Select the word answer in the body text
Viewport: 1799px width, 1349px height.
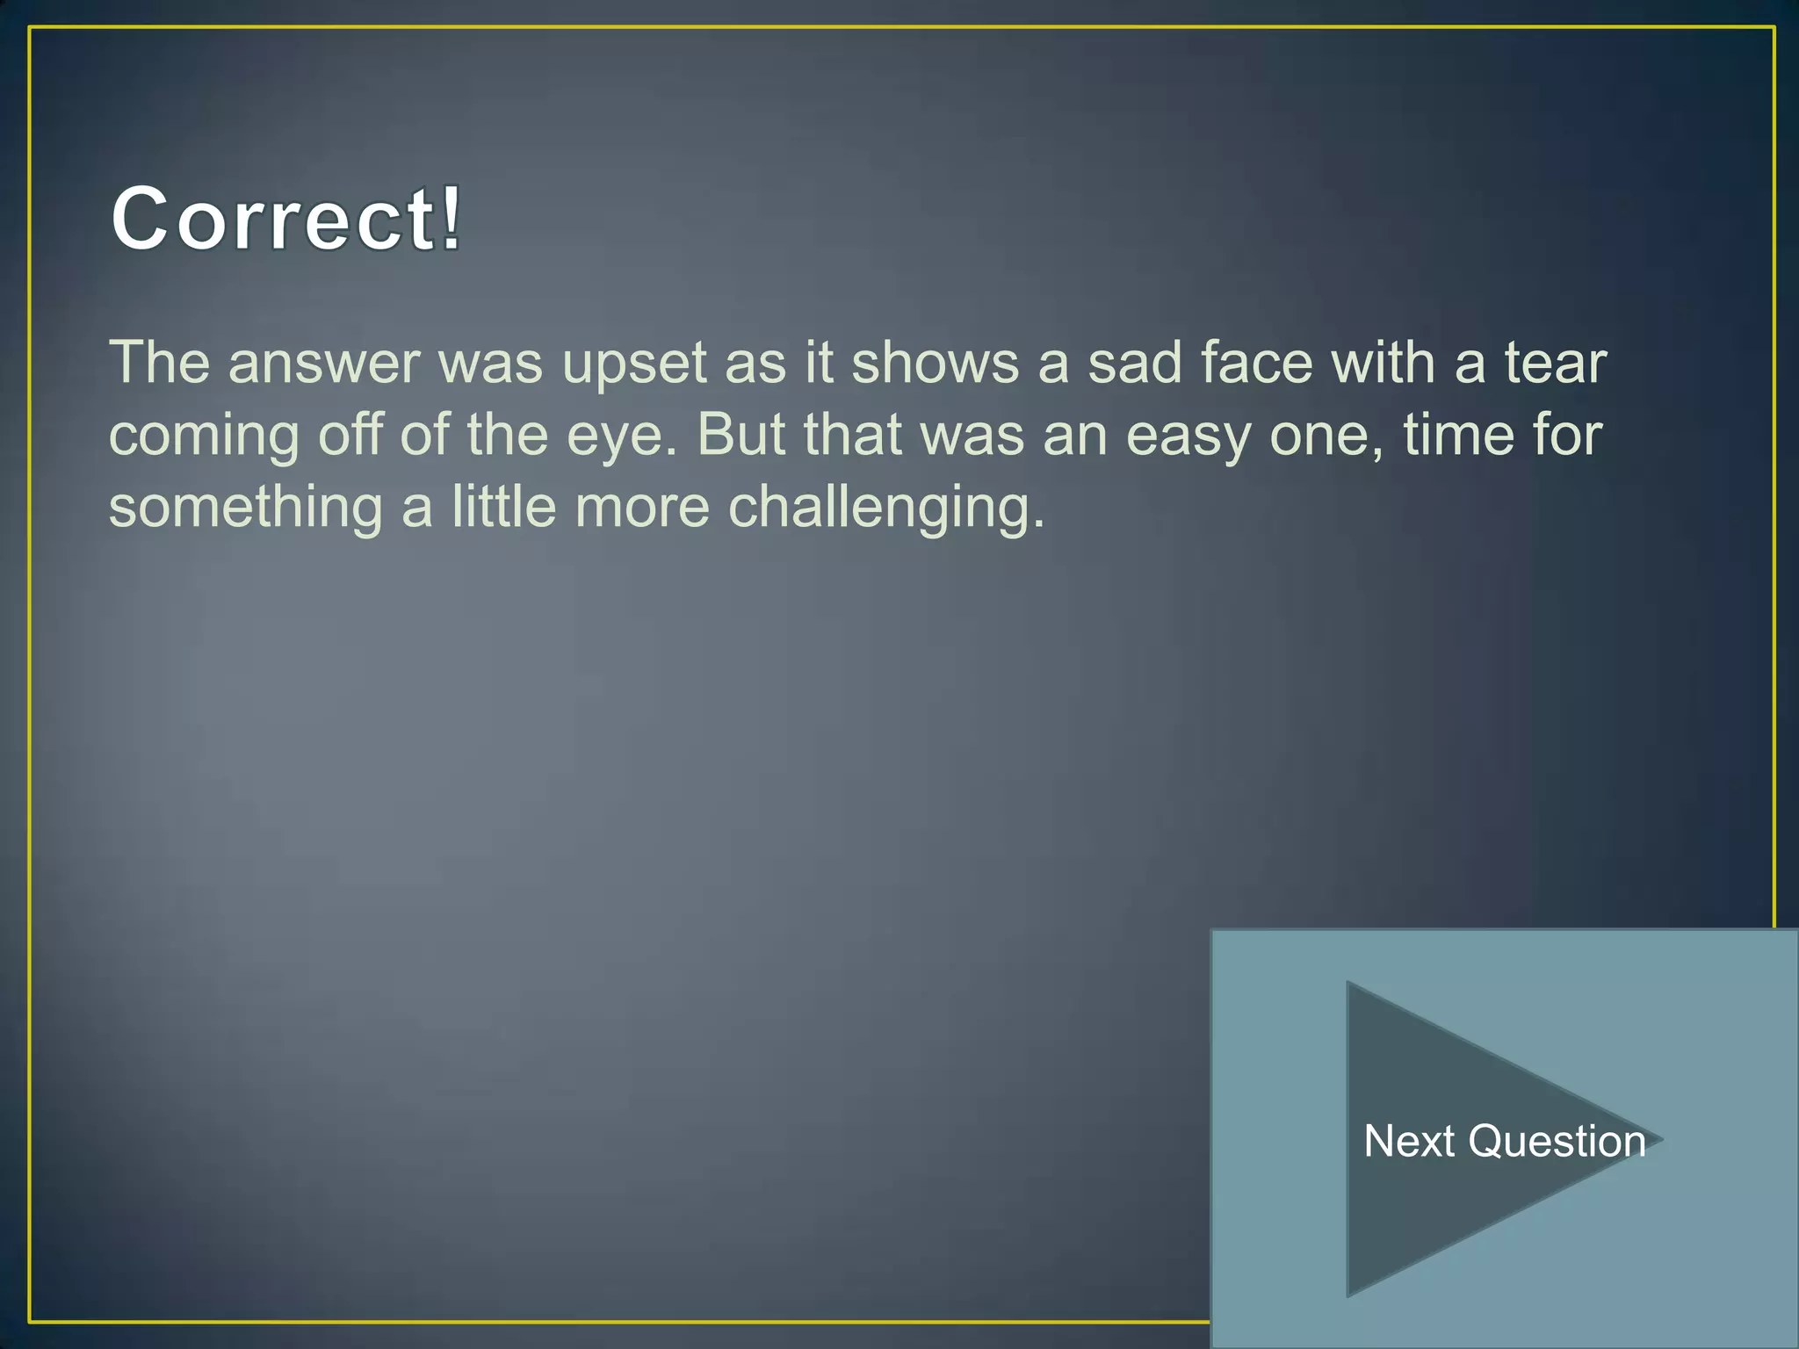point(324,363)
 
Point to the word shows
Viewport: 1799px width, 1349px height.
point(935,363)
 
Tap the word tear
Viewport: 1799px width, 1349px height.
point(1556,363)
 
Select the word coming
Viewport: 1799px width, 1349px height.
point(204,436)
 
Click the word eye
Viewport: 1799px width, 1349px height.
point(621,436)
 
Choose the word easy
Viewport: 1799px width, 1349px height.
point(1188,436)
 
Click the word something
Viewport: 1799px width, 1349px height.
point(245,509)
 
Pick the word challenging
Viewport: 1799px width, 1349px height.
point(886,509)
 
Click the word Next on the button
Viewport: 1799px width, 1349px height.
point(1409,1142)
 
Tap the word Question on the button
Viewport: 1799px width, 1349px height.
point(1557,1142)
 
